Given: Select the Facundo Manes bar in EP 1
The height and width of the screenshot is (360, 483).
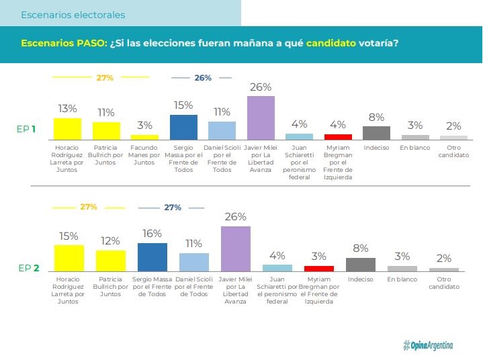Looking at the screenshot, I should click(144, 136).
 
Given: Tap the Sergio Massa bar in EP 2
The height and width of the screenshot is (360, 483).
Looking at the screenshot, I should click(152, 257).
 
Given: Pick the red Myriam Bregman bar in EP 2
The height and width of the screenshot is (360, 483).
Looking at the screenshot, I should click(318, 267).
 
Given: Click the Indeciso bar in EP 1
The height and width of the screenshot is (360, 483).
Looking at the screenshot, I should click(376, 132).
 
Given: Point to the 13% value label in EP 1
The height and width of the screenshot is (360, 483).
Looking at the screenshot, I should click(67, 108).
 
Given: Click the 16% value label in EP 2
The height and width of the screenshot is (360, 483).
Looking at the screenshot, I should click(152, 233).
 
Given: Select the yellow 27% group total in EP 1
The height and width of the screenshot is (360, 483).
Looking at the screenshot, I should click(105, 78).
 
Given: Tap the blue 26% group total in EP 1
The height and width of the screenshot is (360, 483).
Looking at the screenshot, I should click(203, 78).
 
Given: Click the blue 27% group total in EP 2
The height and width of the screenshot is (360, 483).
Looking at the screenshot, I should click(173, 208).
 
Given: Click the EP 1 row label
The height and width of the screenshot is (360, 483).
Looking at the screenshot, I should click(26, 128).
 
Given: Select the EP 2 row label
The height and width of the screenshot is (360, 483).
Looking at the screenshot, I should click(28, 268).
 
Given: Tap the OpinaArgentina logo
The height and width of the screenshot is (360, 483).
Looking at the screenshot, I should click(428, 345).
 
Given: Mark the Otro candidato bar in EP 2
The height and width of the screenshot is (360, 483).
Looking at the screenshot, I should click(444, 269).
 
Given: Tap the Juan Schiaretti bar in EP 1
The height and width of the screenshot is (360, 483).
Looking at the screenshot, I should click(299, 136).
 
